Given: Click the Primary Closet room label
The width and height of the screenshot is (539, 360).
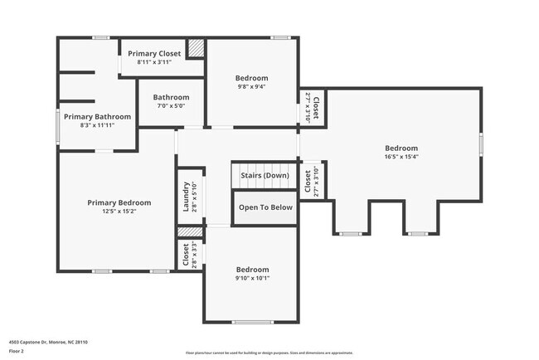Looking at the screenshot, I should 154,53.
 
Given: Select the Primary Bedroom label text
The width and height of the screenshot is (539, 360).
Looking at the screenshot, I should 119,202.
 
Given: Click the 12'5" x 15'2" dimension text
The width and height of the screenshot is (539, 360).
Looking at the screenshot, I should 119,212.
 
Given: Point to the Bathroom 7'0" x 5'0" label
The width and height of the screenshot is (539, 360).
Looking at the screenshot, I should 171,101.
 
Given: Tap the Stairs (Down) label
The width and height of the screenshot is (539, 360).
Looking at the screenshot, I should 265,176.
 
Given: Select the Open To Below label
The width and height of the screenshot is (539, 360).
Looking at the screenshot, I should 265,207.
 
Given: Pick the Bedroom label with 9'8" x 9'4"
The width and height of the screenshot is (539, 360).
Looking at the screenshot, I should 252,78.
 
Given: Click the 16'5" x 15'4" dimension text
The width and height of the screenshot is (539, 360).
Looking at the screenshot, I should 401,156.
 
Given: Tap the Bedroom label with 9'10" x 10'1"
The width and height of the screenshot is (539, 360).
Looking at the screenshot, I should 252,270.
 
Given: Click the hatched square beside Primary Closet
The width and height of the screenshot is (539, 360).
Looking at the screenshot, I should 195,48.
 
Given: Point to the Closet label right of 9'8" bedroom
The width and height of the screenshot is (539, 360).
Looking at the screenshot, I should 315,106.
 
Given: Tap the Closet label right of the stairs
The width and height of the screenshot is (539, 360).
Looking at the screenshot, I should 308,181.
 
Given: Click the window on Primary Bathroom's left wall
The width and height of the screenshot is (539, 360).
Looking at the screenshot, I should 57,126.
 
